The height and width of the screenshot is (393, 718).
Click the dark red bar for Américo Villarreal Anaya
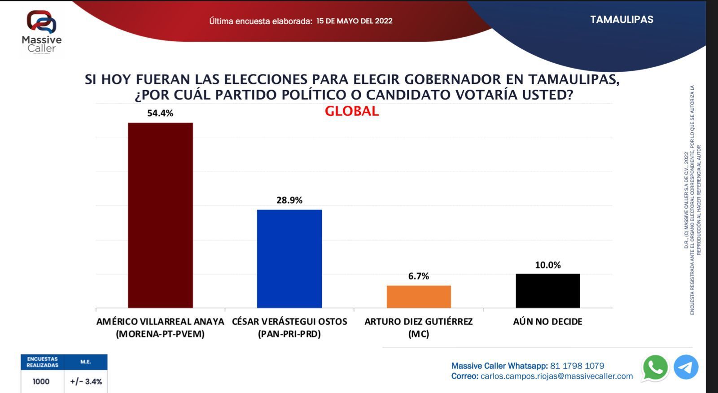(x=160, y=215)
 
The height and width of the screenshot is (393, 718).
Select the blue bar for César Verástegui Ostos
(x=289, y=259)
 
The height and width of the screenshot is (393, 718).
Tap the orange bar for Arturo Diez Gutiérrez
(x=419, y=297)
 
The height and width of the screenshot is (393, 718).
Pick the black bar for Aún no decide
(x=547, y=291)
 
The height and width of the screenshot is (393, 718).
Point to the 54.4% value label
(x=160, y=113)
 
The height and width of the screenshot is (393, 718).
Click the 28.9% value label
(x=289, y=200)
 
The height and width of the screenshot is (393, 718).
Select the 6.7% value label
(x=419, y=276)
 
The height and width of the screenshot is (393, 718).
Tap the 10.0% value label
(x=548, y=265)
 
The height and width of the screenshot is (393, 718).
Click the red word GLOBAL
(x=352, y=111)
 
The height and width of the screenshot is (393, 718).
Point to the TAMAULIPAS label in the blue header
(x=622, y=20)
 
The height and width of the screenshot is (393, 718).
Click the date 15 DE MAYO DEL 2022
(x=354, y=21)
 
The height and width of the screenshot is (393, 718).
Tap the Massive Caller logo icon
(x=41, y=22)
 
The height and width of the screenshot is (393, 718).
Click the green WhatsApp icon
(x=655, y=367)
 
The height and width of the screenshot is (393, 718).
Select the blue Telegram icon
(x=686, y=367)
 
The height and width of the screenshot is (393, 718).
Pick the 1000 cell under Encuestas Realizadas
(x=41, y=381)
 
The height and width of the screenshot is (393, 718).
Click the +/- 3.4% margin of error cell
(x=86, y=381)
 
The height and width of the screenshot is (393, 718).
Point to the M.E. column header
(x=86, y=362)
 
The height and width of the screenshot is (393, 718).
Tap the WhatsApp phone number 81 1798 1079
(x=577, y=366)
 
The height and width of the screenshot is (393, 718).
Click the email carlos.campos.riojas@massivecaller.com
(x=556, y=376)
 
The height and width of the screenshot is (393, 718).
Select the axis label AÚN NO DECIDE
(x=547, y=322)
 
